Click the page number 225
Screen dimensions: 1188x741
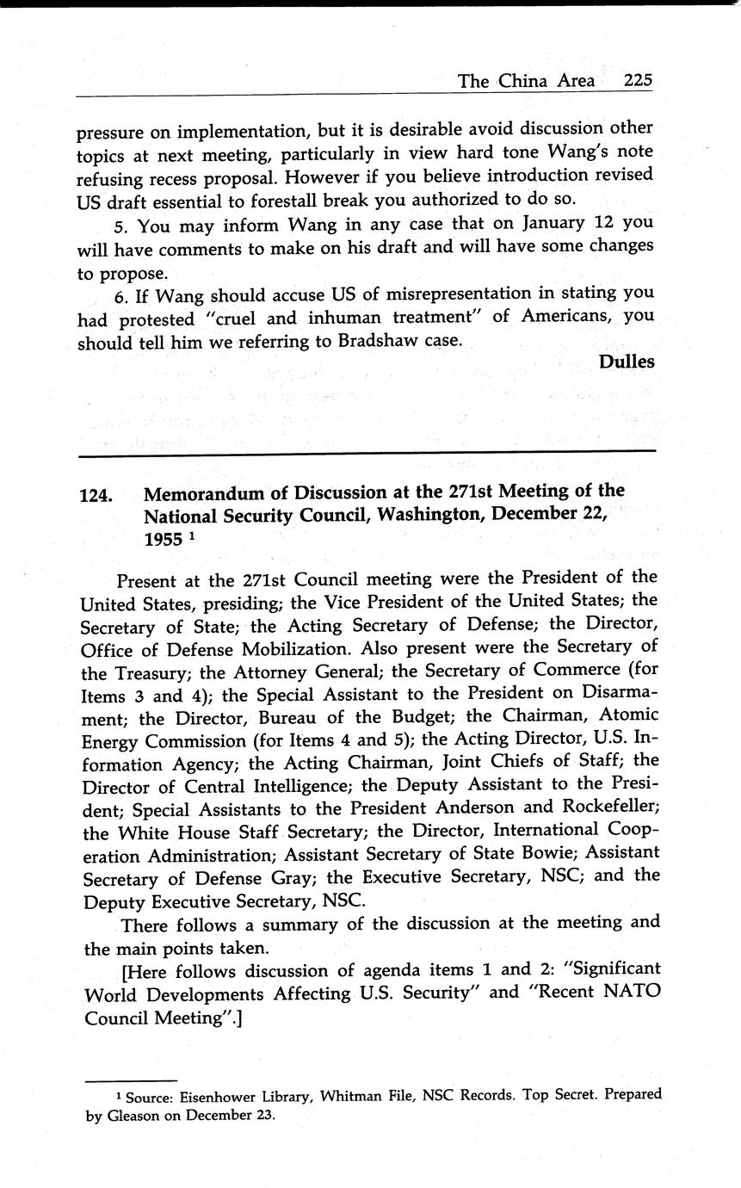tap(639, 81)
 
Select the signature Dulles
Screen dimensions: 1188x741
tap(627, 362)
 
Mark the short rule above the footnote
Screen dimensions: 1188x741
tap(131, 1080)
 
